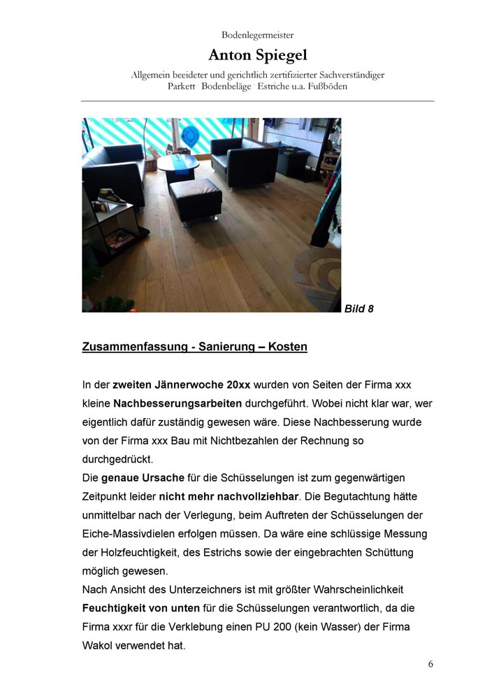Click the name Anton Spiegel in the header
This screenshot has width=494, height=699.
257,55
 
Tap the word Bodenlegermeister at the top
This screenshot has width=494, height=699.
257,34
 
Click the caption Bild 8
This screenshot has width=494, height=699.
359,308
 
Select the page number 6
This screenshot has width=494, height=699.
430,664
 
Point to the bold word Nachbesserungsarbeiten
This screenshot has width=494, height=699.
177,403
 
